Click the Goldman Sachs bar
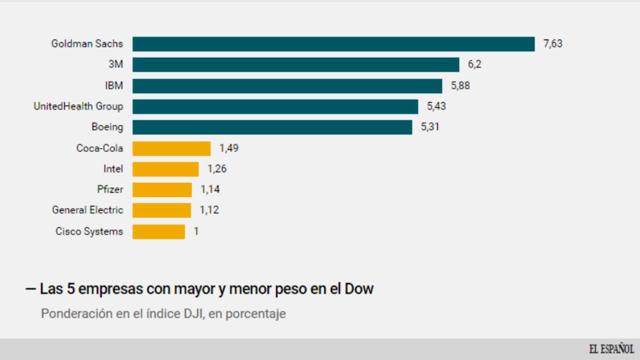(333, 44)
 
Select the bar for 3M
(296, 64)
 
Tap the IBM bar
(287, 86)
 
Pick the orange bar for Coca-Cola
(171, 148)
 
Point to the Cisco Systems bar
(159, 232)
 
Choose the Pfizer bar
(162, 190)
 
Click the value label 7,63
(553, 44)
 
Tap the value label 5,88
(460, 86)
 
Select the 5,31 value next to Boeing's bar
(430, 127)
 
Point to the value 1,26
(217, 169)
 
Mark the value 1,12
(209, 210)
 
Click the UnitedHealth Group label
(78, 106)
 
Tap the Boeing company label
(107, 127)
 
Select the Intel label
(113, 169)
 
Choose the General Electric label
(87, 210)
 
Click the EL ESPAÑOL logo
(611, 349)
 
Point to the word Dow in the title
(359, 289)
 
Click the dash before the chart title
(30, 289)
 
